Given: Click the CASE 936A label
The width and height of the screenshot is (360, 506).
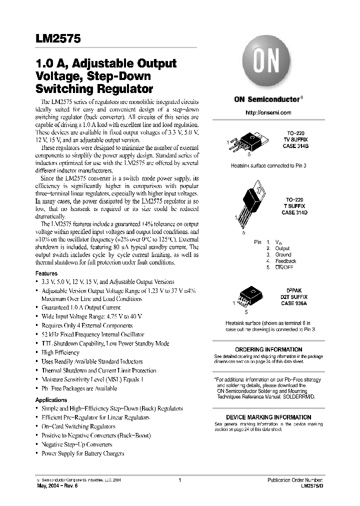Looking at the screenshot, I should pos(294,303).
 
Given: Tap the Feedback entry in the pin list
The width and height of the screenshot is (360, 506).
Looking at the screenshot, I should pos(285,261).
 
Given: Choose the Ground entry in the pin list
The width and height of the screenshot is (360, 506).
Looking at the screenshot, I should pos(283,254).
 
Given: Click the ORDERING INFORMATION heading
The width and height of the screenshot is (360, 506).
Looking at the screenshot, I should pos(268,349).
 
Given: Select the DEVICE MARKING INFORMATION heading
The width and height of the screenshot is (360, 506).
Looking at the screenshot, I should pos(268,417).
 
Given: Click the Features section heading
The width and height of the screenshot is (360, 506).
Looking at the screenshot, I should pos(46,274).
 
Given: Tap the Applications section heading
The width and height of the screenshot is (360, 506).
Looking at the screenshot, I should pos(51,400).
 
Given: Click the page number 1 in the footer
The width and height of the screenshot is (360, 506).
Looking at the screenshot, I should pos(179,480).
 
